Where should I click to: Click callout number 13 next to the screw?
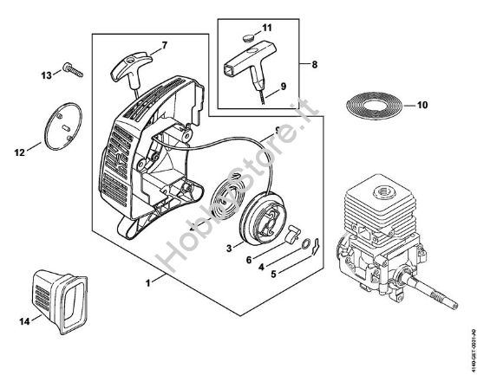[x=46, y=76]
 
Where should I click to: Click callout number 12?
[x=19, y=153]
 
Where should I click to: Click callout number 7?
[x=165, y=43]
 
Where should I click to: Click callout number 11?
[x=267, y=28]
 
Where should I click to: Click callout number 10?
[x=422, y=107]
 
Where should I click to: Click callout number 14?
[x=22, y=320]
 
